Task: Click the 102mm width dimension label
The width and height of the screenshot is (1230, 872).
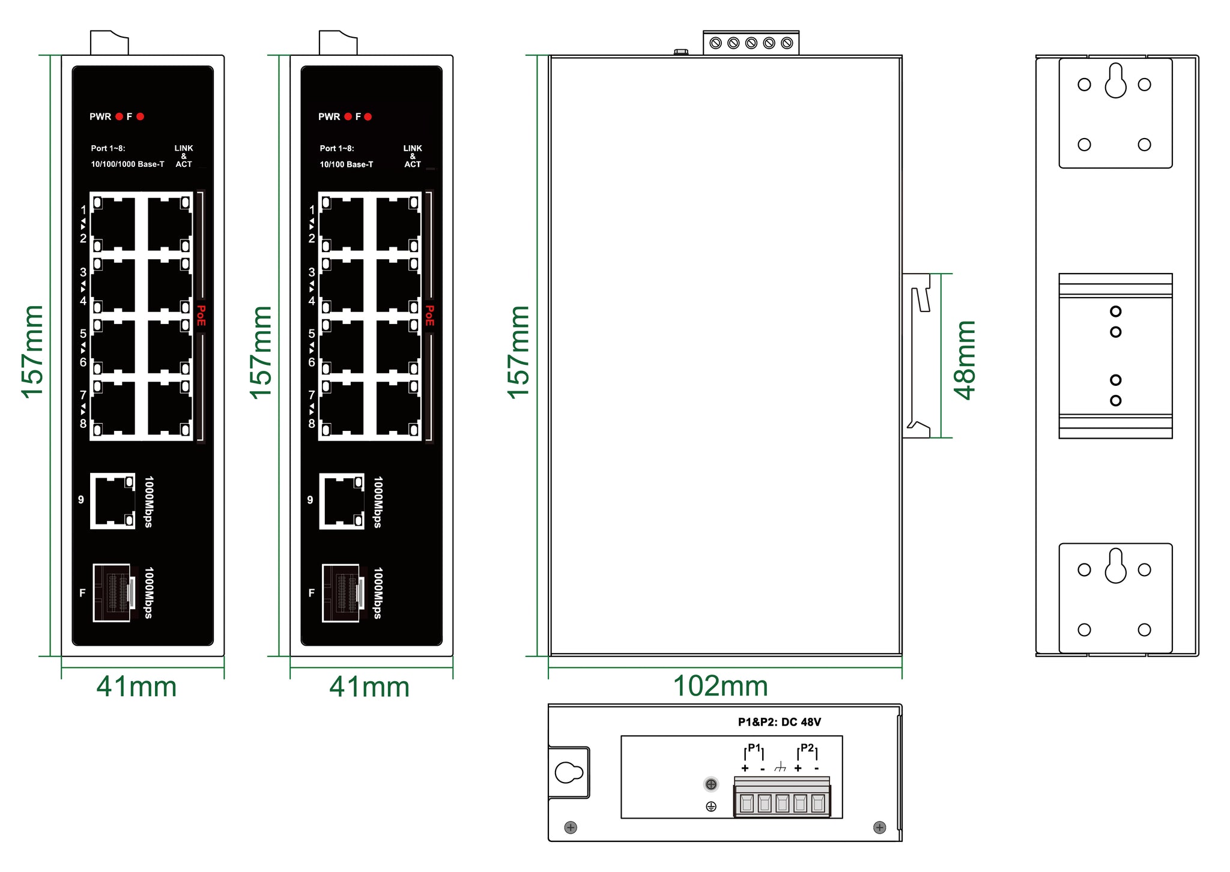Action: click(x=720, y=686)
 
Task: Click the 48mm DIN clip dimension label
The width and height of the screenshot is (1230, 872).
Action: click(x=965, y=360)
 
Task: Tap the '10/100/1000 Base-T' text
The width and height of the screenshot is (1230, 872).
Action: click(x=127, y=164)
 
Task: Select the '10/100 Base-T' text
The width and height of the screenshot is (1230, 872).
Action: click(x=347, y=164)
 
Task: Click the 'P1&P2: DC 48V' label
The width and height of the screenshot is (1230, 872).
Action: click(x=780, y=722)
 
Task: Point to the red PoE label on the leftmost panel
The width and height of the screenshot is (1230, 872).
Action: click(x=201, y=316)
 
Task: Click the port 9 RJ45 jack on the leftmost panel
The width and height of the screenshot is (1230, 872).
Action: click(x=113, y=501)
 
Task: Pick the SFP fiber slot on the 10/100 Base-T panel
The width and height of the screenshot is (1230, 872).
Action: click(x=343, y=593)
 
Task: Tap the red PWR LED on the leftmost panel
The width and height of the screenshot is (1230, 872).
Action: click(x=120, y=116)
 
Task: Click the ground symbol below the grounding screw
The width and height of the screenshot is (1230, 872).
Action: click(x=711, y=807)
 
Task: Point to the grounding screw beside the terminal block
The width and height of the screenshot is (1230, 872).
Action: click(x=711, y=784)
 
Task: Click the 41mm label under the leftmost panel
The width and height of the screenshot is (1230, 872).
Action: click(x=136, y=687)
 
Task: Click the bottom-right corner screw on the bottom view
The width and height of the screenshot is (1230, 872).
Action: click(x=879, y=828)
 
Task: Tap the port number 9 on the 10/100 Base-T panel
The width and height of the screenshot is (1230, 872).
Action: click(x=310, y=500)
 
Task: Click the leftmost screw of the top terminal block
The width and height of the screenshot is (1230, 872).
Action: click(x=715, y=43)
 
